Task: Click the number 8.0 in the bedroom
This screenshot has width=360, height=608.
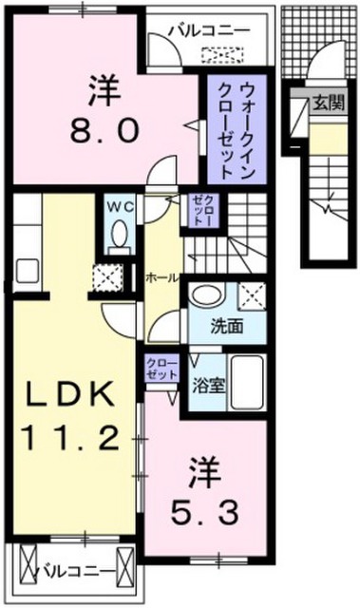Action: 104,131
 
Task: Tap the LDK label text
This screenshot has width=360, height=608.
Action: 69,394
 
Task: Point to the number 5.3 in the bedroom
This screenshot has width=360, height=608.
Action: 204,514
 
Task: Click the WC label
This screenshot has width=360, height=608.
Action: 120,207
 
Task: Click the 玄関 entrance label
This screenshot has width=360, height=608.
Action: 329,104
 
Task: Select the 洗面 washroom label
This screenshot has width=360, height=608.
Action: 227,327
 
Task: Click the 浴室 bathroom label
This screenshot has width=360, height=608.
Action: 209,386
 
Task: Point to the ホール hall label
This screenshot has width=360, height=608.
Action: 162,277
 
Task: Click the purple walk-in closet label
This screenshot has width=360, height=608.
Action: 237,130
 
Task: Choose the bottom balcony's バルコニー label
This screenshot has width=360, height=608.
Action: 76,571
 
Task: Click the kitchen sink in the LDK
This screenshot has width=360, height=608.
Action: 28,271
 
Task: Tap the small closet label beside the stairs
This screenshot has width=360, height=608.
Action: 202,210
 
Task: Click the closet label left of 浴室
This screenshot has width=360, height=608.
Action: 161,369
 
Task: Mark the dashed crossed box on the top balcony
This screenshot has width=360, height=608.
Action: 222,55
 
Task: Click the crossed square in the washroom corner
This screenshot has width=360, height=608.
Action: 253,296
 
